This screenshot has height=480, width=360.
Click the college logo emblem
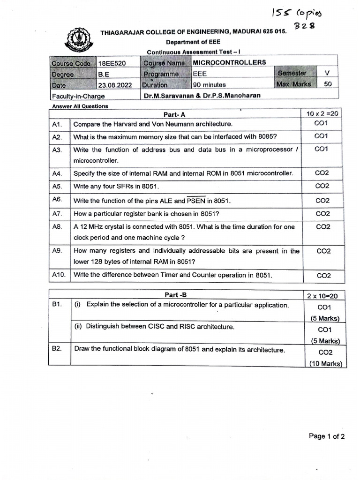point(77,41)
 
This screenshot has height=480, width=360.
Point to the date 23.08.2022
point(115,85)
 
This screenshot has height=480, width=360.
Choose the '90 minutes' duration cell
point(210,85)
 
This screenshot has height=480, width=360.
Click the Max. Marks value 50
point(328,84)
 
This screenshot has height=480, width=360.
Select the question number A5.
point(58,186)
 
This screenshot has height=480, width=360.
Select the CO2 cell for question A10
point(323,276)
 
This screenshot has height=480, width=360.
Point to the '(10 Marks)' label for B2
point(325,364)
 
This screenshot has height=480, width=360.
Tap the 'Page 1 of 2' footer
point(327,436)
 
